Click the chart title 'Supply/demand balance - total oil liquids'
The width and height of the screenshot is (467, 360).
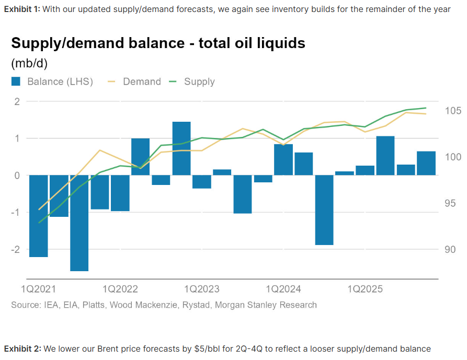pos(158,43)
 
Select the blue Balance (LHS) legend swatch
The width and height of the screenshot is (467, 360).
pos(16,82)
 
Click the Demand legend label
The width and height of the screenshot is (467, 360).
pos(142,82)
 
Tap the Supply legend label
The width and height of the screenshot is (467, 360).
pos(199,82)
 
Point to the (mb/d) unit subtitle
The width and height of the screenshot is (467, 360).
pos(29,63)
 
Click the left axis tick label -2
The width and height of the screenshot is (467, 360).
pos(16,249)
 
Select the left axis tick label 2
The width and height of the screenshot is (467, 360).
pos(17,101)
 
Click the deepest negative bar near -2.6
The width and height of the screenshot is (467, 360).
pos(79,223)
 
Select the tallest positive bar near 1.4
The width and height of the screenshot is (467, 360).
pos(181,148)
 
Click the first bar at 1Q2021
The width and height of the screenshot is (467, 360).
pos(39,216)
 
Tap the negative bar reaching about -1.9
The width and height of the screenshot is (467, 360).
pos(324,210)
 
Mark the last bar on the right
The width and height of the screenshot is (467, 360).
pos(426,163)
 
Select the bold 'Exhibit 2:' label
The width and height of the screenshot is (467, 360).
pos(22,349)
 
